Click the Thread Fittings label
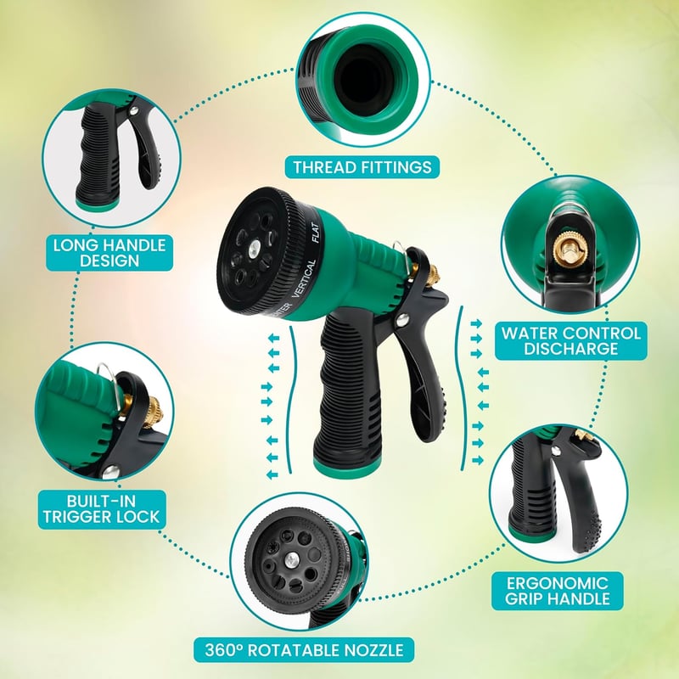[x=362, y=167]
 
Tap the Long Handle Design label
[x=109, y=253]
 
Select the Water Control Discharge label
[x=570, y=341]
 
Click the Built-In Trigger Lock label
[x=102, y=509]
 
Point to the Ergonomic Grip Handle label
[x=558, y=591]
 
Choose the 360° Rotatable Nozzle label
[x=304, y=650]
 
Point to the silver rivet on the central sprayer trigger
[x=401, y=321]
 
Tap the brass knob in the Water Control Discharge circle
[x=568, y=250]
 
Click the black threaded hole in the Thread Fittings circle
[x=363, y=80]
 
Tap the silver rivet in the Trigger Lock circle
[x=110, y=471]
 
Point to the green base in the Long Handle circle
[x=96, y=204]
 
